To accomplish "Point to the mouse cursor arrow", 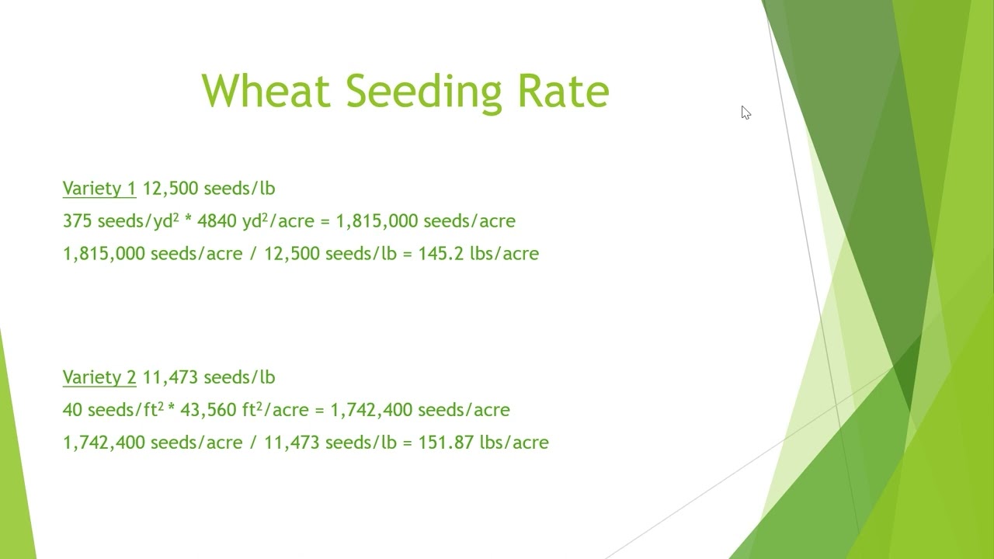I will pos(745,113).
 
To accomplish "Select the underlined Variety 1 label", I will pos(99,189).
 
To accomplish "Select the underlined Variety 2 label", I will pos(99,377).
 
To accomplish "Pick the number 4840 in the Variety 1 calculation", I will pos(217,221).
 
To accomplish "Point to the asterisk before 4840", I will pos(188,221).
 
